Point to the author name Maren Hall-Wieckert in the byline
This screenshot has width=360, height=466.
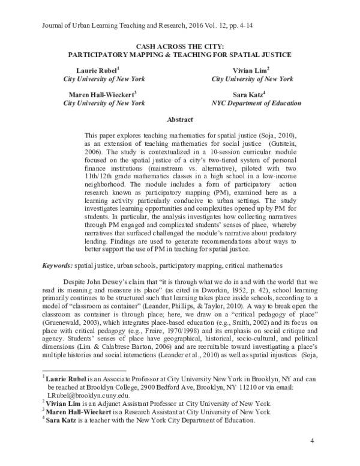click(99, 94)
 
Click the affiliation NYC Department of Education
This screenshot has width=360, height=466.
click(248, 103)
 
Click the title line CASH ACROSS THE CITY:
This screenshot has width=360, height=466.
click(179, 45)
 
